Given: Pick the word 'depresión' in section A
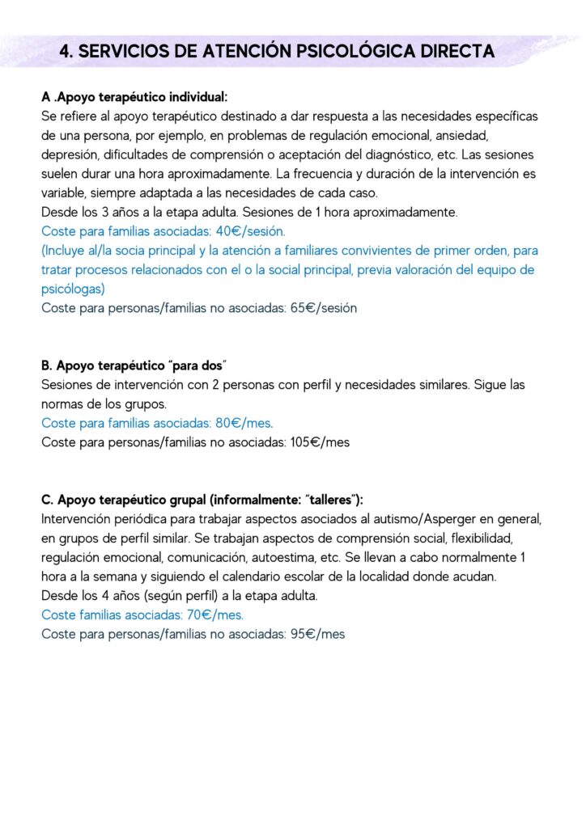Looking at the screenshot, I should [70, 154].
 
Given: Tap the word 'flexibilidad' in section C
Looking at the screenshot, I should [494, 538].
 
